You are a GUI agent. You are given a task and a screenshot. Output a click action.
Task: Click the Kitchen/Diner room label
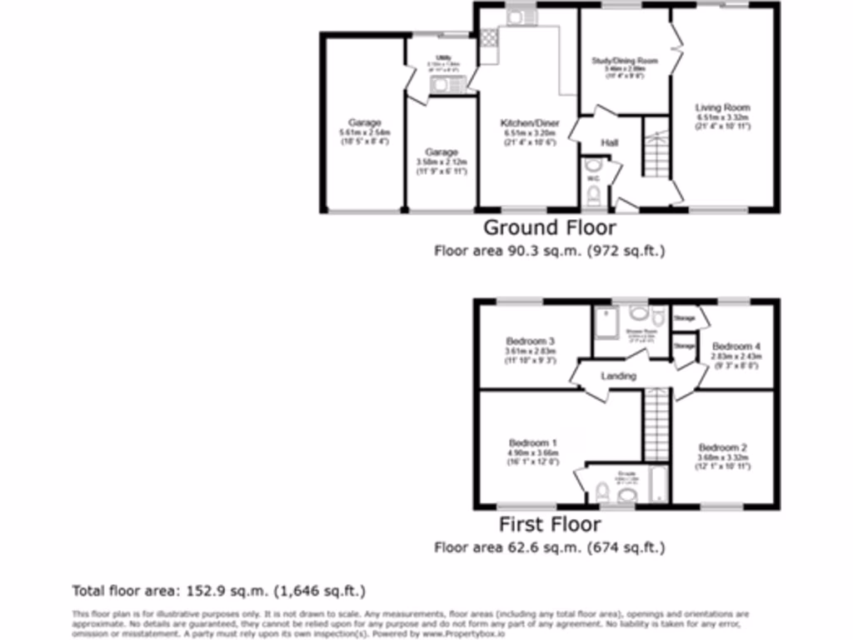(x=529, y=123)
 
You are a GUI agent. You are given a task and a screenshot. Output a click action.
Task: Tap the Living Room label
(x=722, y=107)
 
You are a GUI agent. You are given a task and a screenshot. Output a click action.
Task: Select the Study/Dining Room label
(x=625, y=61)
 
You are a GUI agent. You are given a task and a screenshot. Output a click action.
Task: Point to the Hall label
(x=610, y=143)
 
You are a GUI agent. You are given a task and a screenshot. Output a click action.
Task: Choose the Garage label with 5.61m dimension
(x=365, y=123)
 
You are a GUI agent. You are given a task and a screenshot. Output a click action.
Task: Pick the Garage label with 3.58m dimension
(x=441, y=152)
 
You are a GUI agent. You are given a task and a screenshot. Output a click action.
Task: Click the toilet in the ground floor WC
(x=593, y=195)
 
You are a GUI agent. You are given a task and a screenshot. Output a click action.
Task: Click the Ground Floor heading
(x=550, y=227)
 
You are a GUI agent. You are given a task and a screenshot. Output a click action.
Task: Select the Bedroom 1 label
(x=531, y=442)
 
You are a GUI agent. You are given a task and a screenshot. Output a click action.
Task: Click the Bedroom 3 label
(x=531, y=341)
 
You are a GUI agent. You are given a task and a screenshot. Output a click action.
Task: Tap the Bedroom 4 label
(x=736, y=346)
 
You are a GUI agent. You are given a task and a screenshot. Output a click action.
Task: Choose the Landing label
(x=618, y=376)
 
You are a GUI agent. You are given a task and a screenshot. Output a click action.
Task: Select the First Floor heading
(x=550, y=524)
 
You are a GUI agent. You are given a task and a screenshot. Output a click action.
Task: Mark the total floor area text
(x=219, y=592)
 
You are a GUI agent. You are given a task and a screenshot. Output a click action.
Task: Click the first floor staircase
(x=657, y=427)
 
